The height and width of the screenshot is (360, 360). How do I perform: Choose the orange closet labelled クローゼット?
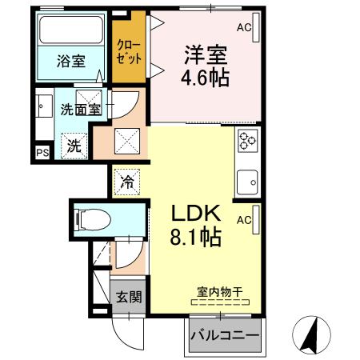129,51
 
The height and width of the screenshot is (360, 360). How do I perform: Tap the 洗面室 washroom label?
82,109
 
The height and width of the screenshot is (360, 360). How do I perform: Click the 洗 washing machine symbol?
73,146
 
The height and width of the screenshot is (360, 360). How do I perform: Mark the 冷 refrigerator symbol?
127,182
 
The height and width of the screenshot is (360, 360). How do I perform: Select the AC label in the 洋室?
244,27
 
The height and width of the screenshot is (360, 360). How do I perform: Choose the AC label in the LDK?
244,218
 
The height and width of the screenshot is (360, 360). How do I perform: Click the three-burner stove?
246,141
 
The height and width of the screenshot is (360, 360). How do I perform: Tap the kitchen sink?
246,180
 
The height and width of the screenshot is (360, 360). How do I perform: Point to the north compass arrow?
310,330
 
